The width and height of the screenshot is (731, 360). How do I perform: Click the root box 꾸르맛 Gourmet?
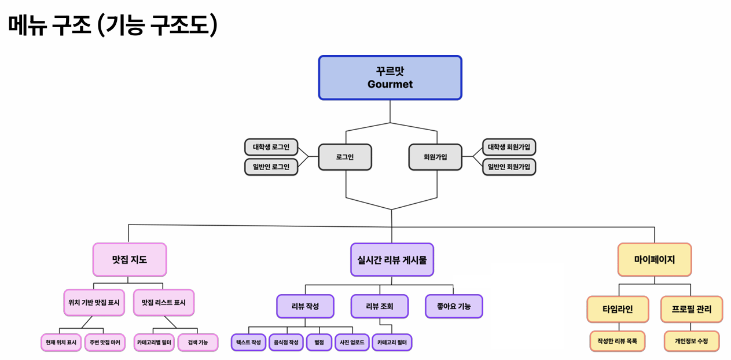tap(390, 78)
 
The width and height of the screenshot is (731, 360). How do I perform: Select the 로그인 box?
tap(345, 157)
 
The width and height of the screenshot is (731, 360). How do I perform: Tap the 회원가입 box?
tap(435, 157)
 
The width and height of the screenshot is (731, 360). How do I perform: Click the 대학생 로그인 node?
tap(271, 147)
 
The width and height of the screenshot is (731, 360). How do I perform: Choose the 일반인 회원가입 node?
tap(509, 167)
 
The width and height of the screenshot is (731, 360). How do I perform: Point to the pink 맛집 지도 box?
tap(130, 259)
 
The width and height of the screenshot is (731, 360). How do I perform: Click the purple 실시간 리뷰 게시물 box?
tap(392, 259)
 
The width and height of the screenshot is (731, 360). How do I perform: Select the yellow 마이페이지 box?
tap(655, 259)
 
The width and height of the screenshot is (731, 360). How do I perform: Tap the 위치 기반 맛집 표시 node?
tap(94, 302)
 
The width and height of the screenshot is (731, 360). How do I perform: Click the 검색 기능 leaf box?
tap(198, 342)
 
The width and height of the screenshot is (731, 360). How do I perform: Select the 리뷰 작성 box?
tap(305, 306)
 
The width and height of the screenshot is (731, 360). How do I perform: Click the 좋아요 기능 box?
tap(454, 306)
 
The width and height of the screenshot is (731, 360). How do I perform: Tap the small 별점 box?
tap(318, 342)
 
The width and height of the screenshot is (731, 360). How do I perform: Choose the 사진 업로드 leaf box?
tap(352, 342)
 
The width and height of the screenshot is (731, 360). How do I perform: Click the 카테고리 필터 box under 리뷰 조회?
tap(392, 342)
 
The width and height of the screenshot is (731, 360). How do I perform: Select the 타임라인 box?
tap(618, 309)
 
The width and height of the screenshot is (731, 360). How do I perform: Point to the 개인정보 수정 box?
tap(691, 341)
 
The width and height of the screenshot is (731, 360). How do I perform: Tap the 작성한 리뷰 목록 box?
tap(618, 341)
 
